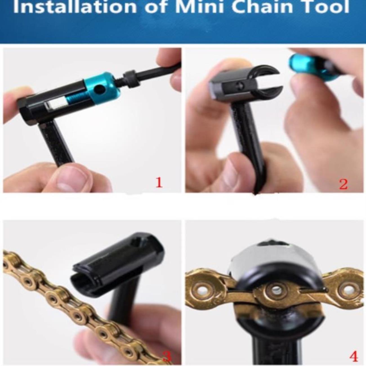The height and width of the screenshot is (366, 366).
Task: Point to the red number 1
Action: tap(159, 182)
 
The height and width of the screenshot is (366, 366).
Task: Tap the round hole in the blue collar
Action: tap(100, 89)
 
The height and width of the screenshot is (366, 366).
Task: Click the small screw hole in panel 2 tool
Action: tap(240, 86)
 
